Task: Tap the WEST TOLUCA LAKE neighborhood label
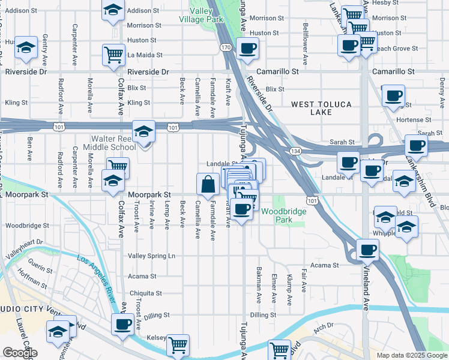(x=322, y=108)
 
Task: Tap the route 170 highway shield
(x=226, y=47)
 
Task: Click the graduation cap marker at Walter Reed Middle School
(x=144, y=133)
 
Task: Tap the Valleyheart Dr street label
(x=25, y=248)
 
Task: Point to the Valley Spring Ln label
(x=152, y=256)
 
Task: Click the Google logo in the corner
(x=20, y=353)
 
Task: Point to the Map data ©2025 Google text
(x=411, y=355)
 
